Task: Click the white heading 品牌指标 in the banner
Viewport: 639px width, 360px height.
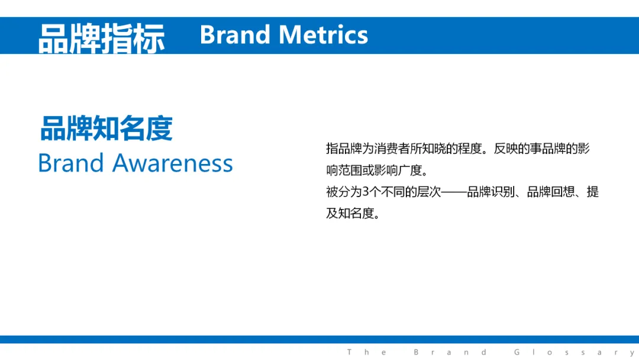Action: pyautogui.click(x=102, y=38)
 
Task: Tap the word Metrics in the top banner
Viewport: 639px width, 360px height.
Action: pyautogui.click(x=324, y=35)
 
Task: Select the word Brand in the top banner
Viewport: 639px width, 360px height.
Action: pyautogui.click(x=235, y=35)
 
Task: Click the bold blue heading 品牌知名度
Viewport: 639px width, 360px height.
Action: pyautogui.click(x=106, y=128)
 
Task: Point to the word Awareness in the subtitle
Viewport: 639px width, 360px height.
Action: pyautogui.click(x=172, y=163)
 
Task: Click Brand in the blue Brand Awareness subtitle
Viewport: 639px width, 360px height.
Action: pyautogui.click(x=71, y=163)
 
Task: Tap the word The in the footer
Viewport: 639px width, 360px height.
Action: pyautogui.click(x=366, y=352)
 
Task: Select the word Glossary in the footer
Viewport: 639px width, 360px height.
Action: pyautogui.click(x=574, y=352)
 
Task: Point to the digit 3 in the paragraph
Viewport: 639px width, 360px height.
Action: pyautogui.click(x=365, y=192)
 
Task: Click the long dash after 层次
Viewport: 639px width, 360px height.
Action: pyautogui.click(x=454, y=192)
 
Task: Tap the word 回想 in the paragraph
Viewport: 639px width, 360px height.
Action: pyautogui.click(x=563, y=192)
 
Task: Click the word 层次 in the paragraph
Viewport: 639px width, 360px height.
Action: pyautogui.click(x=429, y=192)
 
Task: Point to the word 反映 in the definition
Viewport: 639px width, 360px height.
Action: pyautogui.click(x=506, y=149)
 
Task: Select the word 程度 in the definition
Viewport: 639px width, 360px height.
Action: pyautogui.click(x=470, y=149)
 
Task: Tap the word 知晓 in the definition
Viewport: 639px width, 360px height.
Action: pyautogui.click(x=434, y=149)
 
